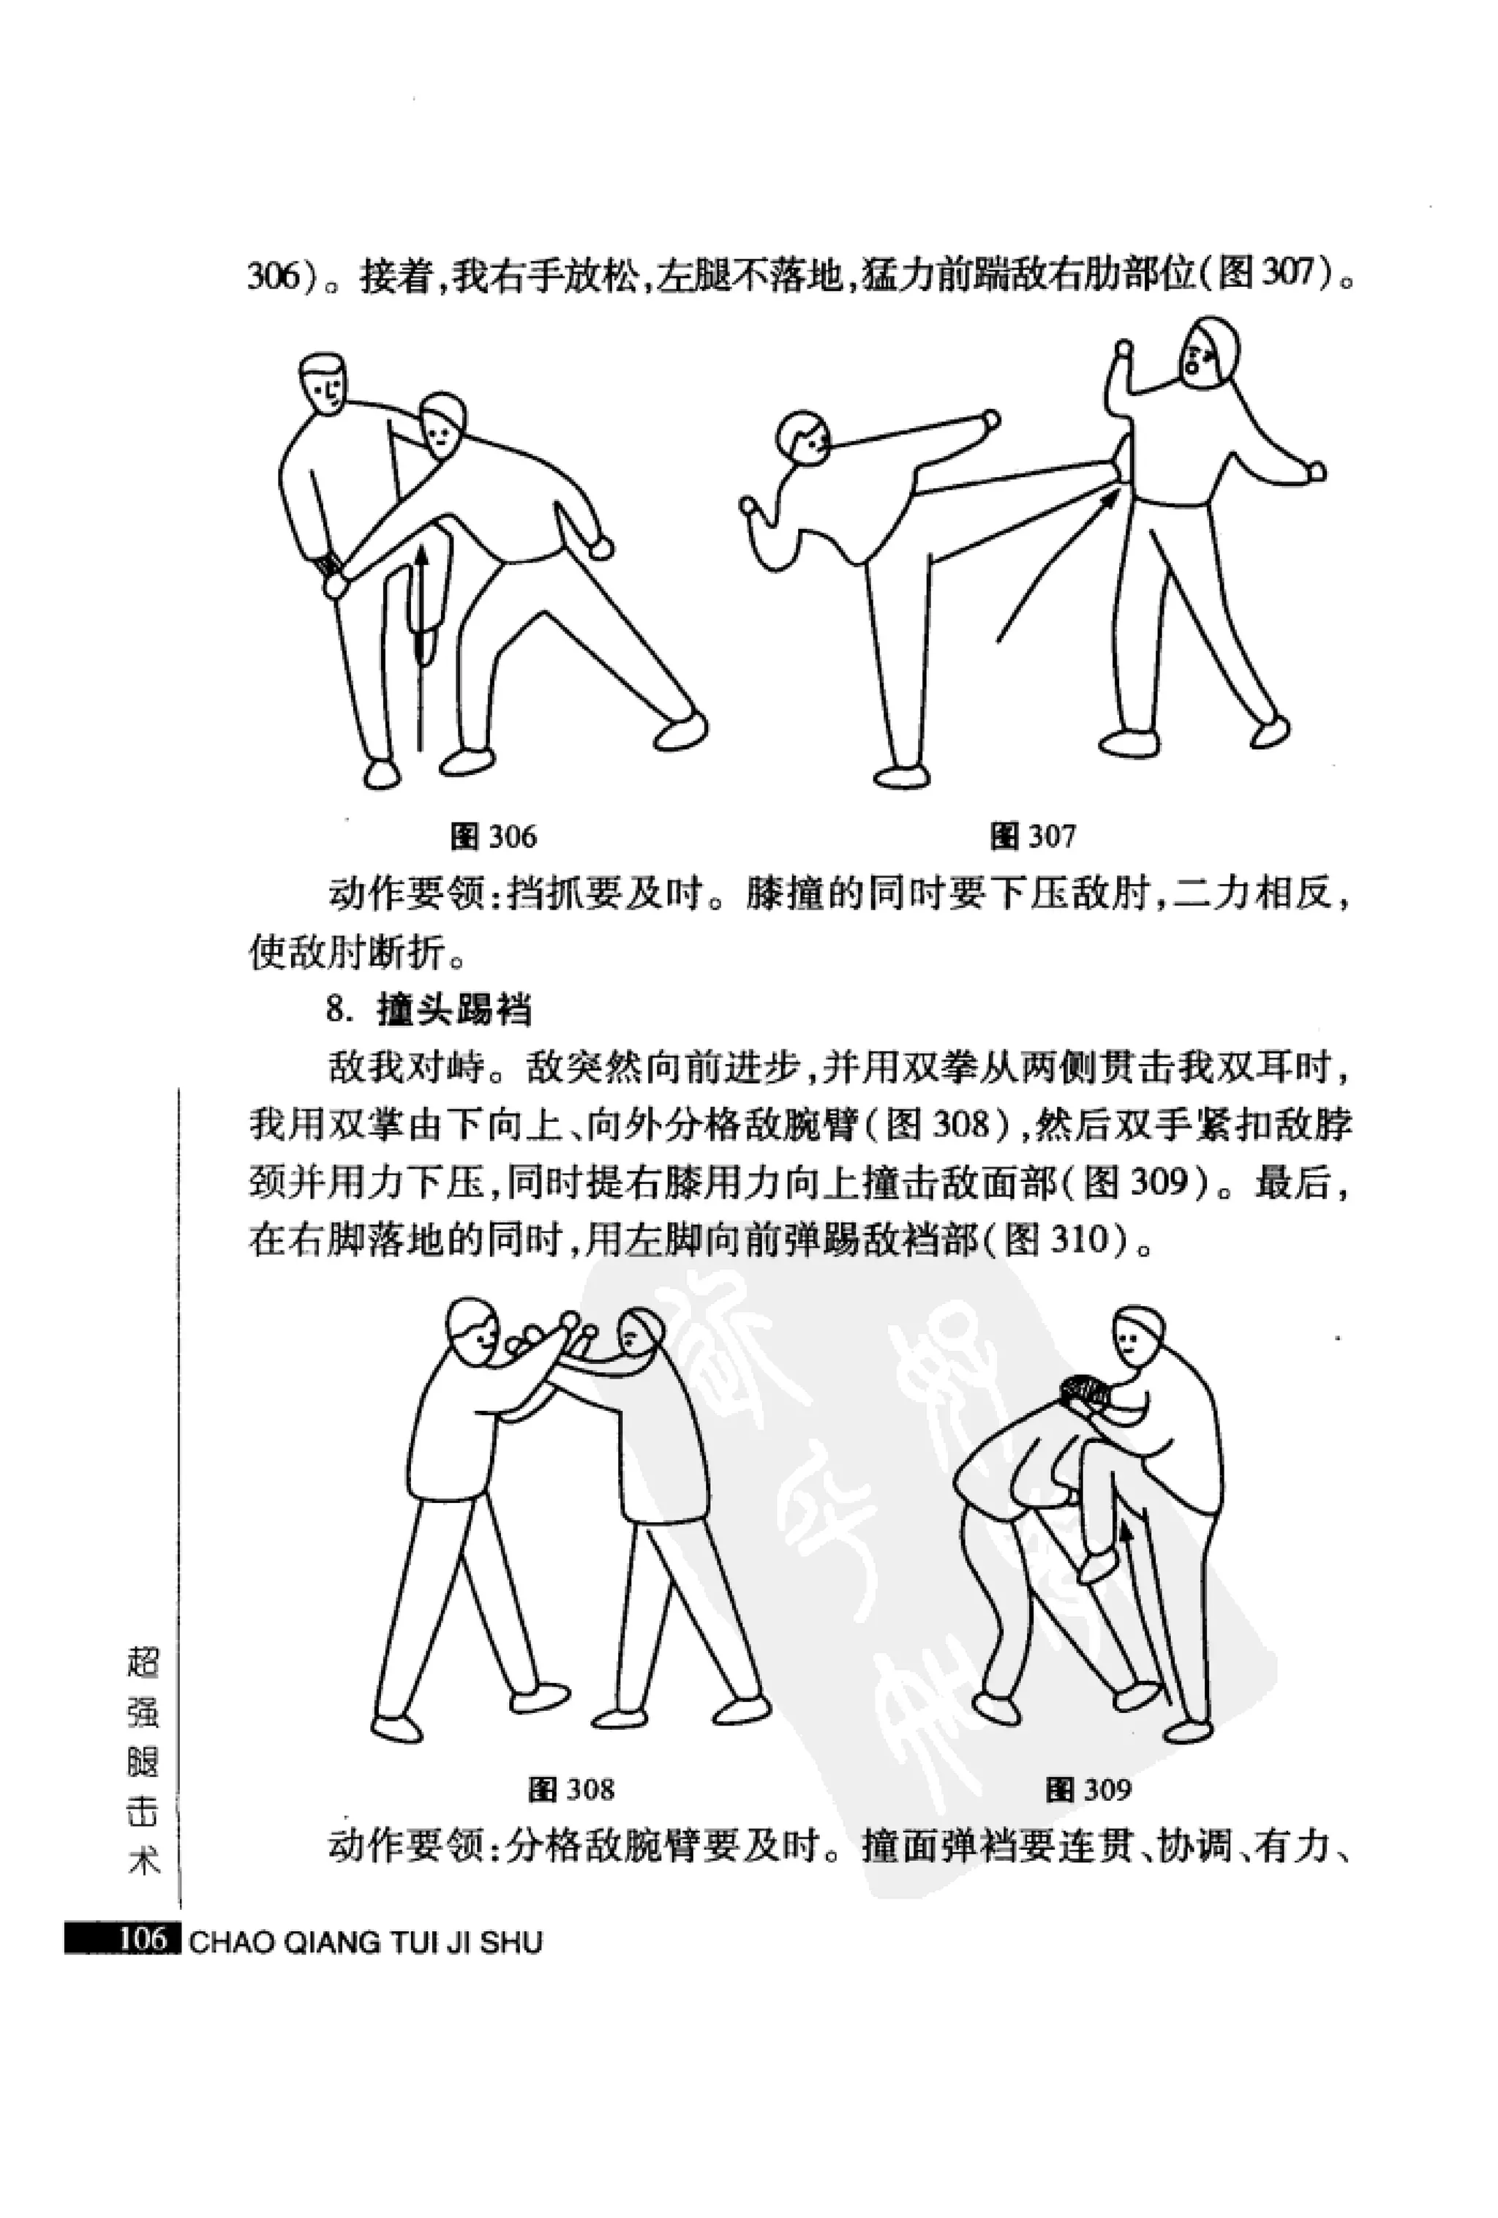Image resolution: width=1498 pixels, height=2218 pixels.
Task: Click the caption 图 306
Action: [493, 837]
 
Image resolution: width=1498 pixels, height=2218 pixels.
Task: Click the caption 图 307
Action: [1034, 837]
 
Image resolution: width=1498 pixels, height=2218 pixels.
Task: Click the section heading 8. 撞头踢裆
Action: [429, 1010]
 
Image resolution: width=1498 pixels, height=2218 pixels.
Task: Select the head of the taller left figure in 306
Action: [323, 383]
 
